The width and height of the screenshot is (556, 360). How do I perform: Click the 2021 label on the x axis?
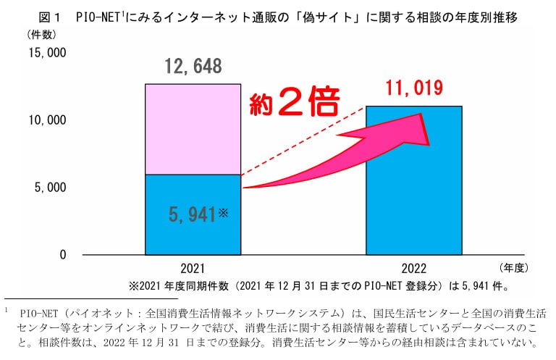193,268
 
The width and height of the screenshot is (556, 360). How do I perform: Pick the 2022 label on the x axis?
413,268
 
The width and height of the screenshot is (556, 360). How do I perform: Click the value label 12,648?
193,67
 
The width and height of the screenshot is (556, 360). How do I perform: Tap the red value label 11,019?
413,89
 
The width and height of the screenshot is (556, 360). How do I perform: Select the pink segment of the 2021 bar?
193,129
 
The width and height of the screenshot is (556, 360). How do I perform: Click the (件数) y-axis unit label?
41,34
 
